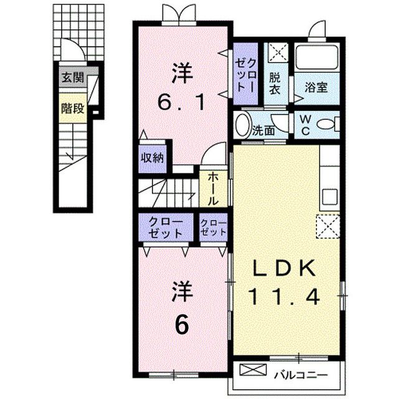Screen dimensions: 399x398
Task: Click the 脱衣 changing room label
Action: click(275, 84)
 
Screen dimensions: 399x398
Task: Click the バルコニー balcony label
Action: click(302, 375)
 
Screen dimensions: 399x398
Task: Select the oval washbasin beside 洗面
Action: click(242, 125)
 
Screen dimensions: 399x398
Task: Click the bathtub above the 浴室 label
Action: click(316, 58)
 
